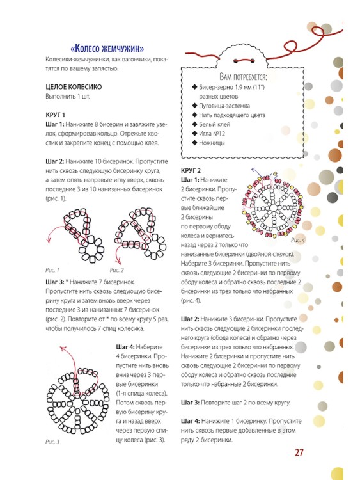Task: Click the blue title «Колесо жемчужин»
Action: coord(107,49)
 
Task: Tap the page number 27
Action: coord(299,452)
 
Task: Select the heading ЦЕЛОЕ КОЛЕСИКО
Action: coord(74,87)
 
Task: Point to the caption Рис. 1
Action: coord(52,270)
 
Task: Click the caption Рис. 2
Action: coord(117,270)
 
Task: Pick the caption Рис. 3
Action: coord(52,442)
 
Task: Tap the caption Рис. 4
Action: coord(297,240)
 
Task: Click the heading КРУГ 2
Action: coord(191,170)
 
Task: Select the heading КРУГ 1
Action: coord(56,115)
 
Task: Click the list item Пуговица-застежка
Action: coord(224,106)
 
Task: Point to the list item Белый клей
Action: coord(214,124)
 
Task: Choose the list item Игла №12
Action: coord(212,134)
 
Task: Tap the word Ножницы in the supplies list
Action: coord(212,143)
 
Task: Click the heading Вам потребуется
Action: coord(243,76)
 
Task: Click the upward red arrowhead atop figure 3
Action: coord(63,348)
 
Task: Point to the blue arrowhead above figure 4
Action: coord(254,169)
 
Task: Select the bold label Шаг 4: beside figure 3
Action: coord(125,347)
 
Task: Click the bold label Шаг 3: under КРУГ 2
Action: coord(190,403)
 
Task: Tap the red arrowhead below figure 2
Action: coord(118,262)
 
